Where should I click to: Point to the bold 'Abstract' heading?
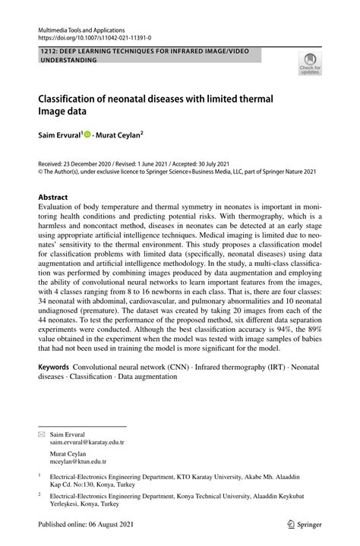point(53,197)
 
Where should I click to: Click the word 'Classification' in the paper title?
point(71,98)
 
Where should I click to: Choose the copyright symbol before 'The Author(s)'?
point(42,172)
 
